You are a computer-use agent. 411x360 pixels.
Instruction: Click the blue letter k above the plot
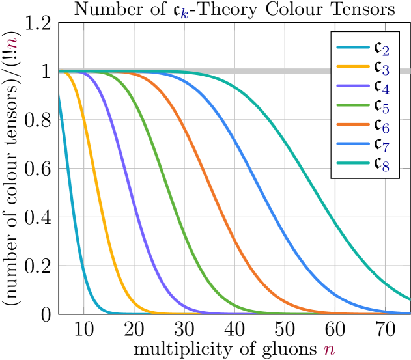(x=185, y=14)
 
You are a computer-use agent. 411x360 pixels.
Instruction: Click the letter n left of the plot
(x=12, y=43)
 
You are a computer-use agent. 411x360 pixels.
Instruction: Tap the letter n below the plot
(x=329, y=350)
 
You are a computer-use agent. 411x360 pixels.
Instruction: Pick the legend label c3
(x=381, y=67)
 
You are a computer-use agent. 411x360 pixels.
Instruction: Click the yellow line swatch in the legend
(x=352, y=66)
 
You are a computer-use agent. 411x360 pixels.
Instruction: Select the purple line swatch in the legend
(x=352, y=85)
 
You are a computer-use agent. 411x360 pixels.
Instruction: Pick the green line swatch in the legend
(x=352, y=104)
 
